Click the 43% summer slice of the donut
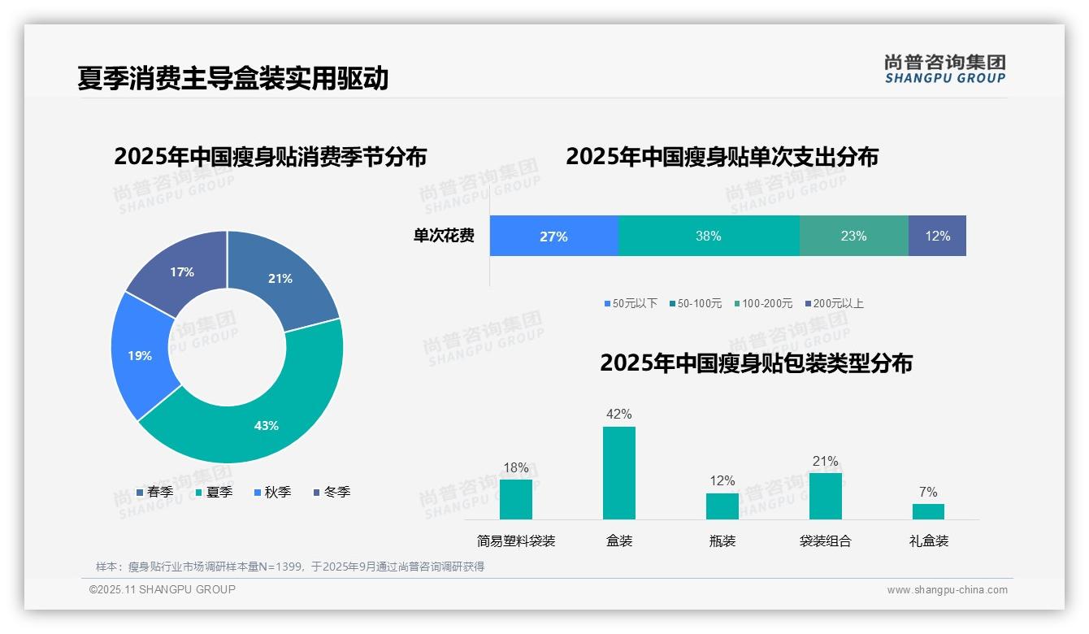pos(266,425)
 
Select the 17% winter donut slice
pos(182,272)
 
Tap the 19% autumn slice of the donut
pos(140,355)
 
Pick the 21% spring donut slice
pos(280,279)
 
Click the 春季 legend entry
pos(154,492)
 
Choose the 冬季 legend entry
pos(332,492)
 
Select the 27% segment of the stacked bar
pos(553,236)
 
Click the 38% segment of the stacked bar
pos(709,236)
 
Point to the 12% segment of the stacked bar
pos(937,236)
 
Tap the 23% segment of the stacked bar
pos(853,236)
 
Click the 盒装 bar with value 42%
pos(618,473)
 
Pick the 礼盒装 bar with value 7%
pos(928,511)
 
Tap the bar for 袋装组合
pos(825,496)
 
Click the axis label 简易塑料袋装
pos(516,541)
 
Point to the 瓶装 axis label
pos(722,541)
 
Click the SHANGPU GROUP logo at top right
pos(944,69)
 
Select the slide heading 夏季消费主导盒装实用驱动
pos(233,78)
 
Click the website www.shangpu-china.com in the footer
pos(947,590)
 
